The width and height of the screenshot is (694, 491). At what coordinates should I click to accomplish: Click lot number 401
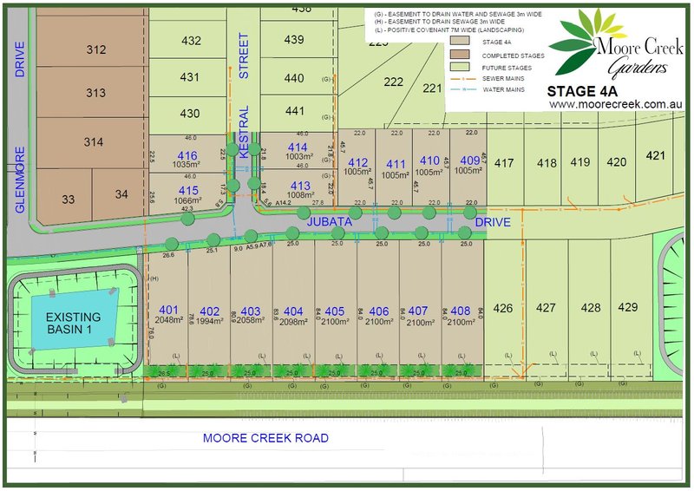coord(168,311)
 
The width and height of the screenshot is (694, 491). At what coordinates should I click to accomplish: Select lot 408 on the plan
coord(460,311)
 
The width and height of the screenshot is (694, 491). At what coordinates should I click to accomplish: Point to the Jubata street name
coord(329,223)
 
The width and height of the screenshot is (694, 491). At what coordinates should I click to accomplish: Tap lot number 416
coord(187,155)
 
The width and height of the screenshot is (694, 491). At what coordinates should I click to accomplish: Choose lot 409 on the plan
coord(469,160)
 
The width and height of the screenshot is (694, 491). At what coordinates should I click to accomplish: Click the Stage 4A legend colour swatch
coord(461,40)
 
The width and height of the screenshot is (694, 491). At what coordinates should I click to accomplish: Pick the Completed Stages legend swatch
coord(461,54)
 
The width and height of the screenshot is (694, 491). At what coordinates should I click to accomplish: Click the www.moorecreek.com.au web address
coord(612,104)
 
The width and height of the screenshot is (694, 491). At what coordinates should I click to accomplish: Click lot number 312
coord(95,50)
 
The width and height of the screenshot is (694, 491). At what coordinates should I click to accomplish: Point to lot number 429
coord(628,308)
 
